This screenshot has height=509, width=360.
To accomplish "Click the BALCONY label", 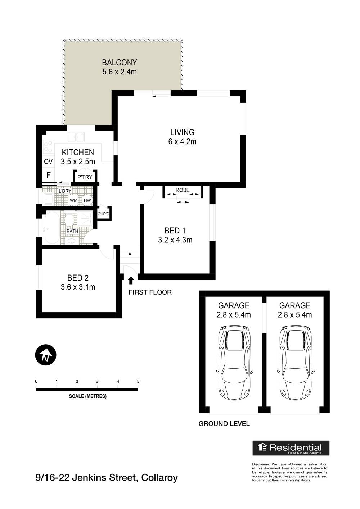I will tap(119, 63).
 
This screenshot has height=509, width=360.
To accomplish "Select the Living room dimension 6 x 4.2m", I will tap(182, 142).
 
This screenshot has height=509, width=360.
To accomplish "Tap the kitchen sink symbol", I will tap(76, 137).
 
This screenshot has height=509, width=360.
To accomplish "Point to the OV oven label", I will tap(48, 162).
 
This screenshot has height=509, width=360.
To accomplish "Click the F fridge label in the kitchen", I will tap(48, 176).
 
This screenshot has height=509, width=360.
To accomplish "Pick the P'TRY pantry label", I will tap(85, 177).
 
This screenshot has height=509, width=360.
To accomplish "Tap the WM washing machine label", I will tap(74, 200).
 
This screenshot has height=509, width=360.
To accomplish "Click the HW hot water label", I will tap(87, 200).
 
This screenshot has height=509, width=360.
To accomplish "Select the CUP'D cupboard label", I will tap(103, 214).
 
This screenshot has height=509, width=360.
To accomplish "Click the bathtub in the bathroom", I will tap(52, 228).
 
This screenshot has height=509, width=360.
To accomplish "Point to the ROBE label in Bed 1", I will tap(183, 190).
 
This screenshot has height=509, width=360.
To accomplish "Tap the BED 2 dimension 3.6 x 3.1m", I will tap(78, 287).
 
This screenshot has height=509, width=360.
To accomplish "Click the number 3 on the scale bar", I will tap(98, 381).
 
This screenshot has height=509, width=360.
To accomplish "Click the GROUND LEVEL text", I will tap(224, 424).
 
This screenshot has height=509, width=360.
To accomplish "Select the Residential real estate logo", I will tap(291, 448).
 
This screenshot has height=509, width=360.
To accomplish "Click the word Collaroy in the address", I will tap(159, 478).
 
